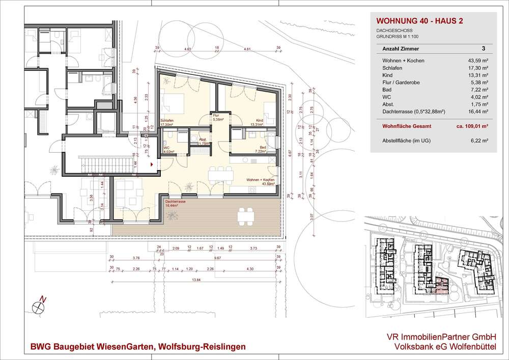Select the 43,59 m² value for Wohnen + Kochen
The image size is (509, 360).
477,61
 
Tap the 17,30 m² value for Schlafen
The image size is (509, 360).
478,68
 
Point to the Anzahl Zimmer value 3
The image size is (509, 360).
483,49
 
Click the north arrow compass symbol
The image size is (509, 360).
38,306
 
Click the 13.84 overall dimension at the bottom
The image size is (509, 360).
195,280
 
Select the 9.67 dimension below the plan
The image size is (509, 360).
217,258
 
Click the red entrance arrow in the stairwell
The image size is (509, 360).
152,164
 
